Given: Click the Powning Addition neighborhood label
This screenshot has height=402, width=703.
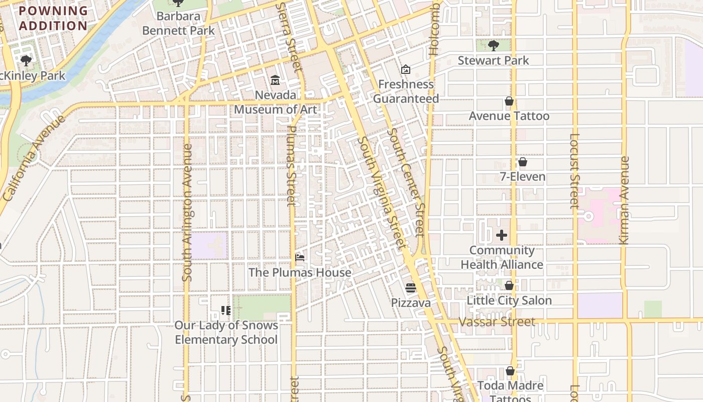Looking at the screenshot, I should tap(53, 18).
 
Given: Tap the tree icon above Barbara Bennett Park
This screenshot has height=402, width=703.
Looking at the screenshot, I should tap(178, 3).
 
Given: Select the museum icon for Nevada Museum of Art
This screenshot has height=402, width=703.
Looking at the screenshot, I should tap(275, 80).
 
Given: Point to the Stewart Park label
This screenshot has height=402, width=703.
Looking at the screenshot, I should tap(493, 60).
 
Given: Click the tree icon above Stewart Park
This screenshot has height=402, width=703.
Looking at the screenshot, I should tap(493, 46).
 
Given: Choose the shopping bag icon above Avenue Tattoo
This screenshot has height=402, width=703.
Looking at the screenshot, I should tap(509, 102).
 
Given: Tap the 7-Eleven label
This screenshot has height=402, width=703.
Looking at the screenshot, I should tap(522, 177).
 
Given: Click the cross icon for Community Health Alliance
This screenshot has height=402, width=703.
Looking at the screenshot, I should tap(502, 235).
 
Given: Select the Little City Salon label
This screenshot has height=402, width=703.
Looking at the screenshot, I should tap(509, 300).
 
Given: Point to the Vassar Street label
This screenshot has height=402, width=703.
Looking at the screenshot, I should tap(497, 322).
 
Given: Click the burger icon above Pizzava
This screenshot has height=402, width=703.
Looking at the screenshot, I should tap(411, 288).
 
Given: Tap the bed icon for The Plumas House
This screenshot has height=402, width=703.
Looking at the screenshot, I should tap(300, 258).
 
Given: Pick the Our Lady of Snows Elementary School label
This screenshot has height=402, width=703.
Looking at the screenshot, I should tap(226, 333).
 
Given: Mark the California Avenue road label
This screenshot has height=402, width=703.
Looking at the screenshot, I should tap(34, 158).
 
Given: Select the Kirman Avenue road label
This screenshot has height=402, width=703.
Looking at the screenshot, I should tap(625, 201).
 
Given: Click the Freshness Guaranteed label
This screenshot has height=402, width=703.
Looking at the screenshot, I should tap(406, 91).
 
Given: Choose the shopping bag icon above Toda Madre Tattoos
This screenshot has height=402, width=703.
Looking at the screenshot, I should tap(510, 371).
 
